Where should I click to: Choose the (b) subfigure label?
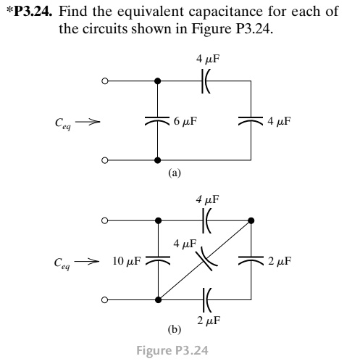[174, 329]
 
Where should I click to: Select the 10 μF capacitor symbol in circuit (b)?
[157, 260]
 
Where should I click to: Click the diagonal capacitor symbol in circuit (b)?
[206, 259]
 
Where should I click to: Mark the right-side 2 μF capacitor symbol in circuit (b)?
[251, 260]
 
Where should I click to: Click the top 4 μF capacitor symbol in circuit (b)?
[204, 220]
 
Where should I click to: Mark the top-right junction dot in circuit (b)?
[251, 220]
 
